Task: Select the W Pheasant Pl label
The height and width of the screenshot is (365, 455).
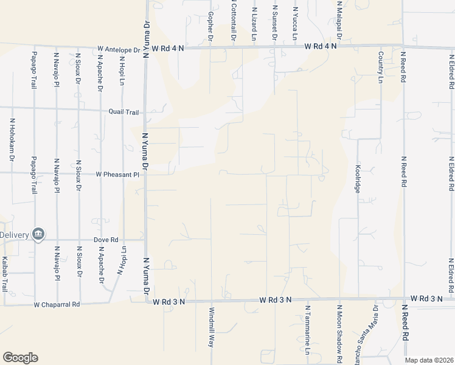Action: pos(118,175)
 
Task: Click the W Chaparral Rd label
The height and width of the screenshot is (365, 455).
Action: pos(57,304)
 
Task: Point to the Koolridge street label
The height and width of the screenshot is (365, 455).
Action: pos(358,178)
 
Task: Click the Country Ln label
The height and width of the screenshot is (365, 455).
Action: pos(380,67)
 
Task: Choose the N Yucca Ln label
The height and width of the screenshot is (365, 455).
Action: pos(296,23)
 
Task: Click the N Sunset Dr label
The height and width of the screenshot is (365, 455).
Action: pos(275,23)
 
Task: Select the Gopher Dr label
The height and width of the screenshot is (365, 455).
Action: pos(210,26)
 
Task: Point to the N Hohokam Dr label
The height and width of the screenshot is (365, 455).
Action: pos(12,139)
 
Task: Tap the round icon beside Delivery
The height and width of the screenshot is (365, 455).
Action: pos(38,234)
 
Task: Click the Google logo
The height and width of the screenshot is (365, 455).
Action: pos(20,358)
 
